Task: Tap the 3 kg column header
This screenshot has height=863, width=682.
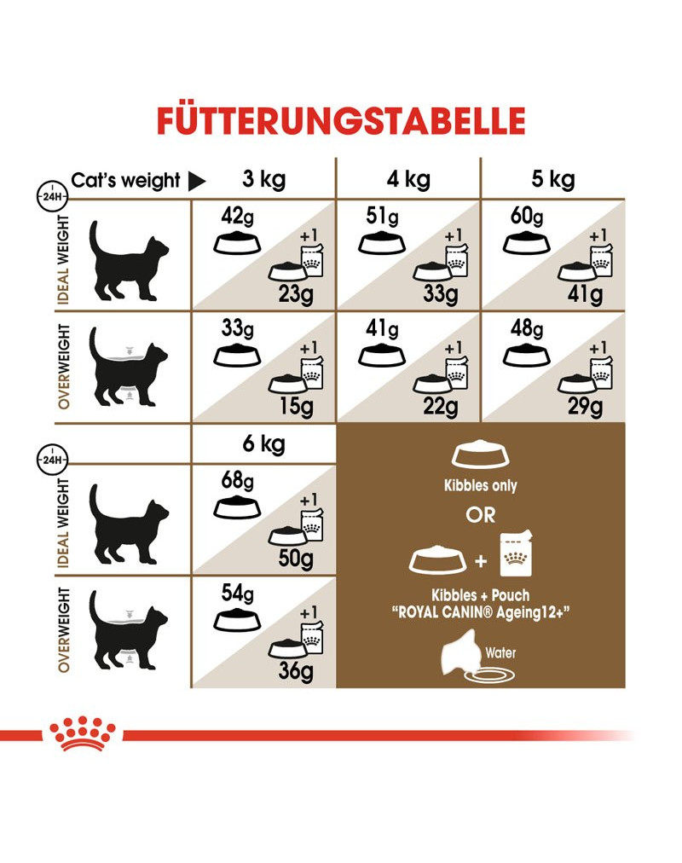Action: [264, 179]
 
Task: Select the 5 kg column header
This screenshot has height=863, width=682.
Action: [553, 179]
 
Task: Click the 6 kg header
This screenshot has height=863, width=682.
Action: [264, 443]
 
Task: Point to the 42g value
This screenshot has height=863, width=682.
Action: [238, 217]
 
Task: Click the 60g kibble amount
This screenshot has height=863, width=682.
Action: [527, 217]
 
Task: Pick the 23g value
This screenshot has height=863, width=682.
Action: [296, 294]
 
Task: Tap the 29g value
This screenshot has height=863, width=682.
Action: [585, 406]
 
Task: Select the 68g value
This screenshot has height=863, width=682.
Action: [238, 480]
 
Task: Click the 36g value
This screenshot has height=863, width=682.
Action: [296, 671]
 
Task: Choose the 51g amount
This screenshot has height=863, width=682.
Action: [382, 217]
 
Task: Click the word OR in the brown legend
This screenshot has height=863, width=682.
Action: [481, 515]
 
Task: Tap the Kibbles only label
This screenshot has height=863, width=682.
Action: [481, 485]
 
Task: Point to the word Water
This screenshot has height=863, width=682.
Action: [500, 652]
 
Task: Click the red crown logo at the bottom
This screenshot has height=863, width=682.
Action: [83, 733]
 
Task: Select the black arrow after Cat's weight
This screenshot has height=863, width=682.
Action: [196, 181]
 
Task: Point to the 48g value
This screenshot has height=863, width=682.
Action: [527, 328]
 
